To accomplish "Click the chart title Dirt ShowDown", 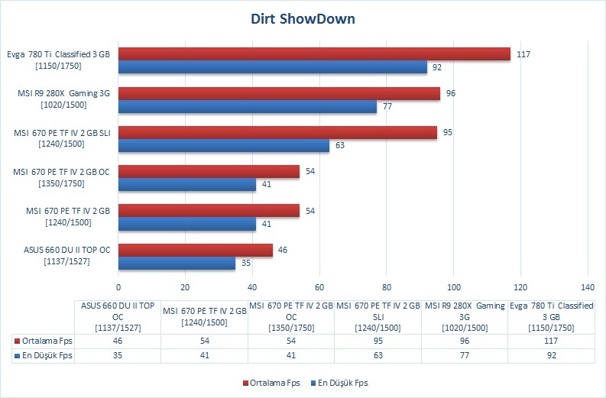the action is click(x=303, y=18).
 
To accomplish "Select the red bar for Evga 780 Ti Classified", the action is click(x=314, y=54).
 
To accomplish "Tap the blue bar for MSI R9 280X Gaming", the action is click(x=248, y=107).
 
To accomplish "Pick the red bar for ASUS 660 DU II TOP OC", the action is click(x=195, y=250).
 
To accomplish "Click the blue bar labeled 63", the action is click(x=224, y=146).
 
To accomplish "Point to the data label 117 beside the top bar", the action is click(x=523, y=54).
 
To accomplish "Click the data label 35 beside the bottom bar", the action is click(x=246, y=263).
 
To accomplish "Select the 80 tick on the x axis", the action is click(x=387, y=287).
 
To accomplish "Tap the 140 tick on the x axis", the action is click(x=588, y=287).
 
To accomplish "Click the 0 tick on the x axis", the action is click(x=118, y=287).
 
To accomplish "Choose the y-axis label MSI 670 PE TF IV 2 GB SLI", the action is click(x=62, y=138).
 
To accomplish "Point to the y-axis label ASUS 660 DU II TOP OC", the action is click(x=66, y=255).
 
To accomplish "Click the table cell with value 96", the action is click(x=464, y=341).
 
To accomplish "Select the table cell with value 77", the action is click(x=464, y=355).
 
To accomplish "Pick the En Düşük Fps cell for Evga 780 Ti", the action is click(x=551, y=355).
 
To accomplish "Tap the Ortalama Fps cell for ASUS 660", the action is click(x=118, y=341).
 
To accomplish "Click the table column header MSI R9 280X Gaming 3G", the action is click(x=465, y=317).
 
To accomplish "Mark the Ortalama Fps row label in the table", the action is click(x=44, y=341).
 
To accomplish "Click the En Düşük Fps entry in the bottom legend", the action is click(x=339, y=383).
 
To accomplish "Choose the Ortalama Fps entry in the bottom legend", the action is click(x=271, y=383).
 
